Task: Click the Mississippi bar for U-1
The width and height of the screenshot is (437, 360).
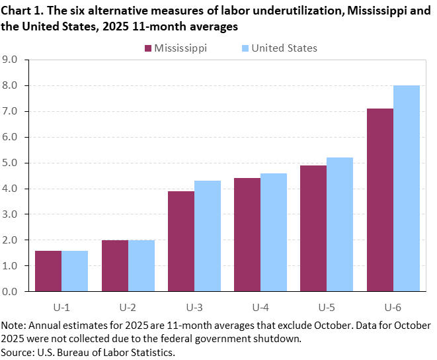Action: coord(48,271)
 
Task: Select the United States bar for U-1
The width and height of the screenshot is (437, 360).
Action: coord(75,271)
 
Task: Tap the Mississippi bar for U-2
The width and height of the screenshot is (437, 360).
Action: coord(114,265)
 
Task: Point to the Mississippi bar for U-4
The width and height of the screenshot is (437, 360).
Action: coord(247,234)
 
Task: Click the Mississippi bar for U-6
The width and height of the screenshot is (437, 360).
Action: coord(379,200)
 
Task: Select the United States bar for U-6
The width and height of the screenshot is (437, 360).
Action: coord(407,188)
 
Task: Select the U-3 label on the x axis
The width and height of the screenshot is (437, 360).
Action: coord(194,307)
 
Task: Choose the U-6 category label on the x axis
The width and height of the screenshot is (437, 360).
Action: coord(393,307)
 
